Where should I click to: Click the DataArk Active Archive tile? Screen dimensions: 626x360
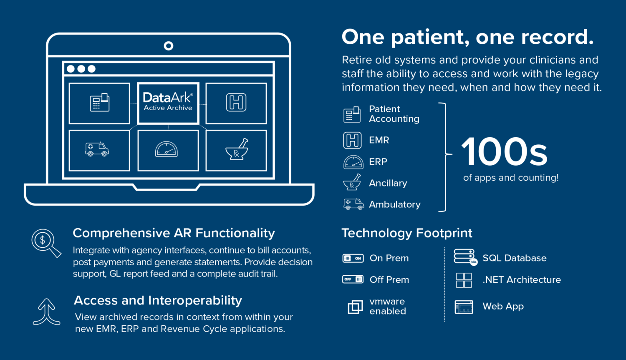(168, 103)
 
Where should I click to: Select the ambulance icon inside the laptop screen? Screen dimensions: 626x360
(97, 149)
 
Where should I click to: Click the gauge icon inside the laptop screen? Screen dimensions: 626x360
(166, 149)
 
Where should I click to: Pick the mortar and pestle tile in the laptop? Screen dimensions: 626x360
(236, 150)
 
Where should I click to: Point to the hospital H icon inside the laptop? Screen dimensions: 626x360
(236, 103)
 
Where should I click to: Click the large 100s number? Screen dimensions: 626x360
(504, 152)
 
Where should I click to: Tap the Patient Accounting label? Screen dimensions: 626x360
(394, 114)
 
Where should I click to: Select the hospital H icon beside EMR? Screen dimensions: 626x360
(352, 140)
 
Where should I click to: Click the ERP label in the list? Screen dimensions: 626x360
(378, 162)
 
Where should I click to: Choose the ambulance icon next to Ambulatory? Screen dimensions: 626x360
(353, 204)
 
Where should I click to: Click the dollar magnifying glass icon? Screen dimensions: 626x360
(46, 243)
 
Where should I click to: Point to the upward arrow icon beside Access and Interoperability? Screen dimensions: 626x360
(46, 312)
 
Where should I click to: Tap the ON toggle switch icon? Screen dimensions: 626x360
(353, 258)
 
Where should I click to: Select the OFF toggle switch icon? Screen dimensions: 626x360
(353, 279)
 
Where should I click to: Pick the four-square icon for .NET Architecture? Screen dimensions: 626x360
(464, 280)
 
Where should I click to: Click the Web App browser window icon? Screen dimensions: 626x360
(464, 307)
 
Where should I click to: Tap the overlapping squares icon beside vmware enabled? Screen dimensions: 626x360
(355, 307)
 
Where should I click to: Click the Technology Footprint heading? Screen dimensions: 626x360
(407, 233)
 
